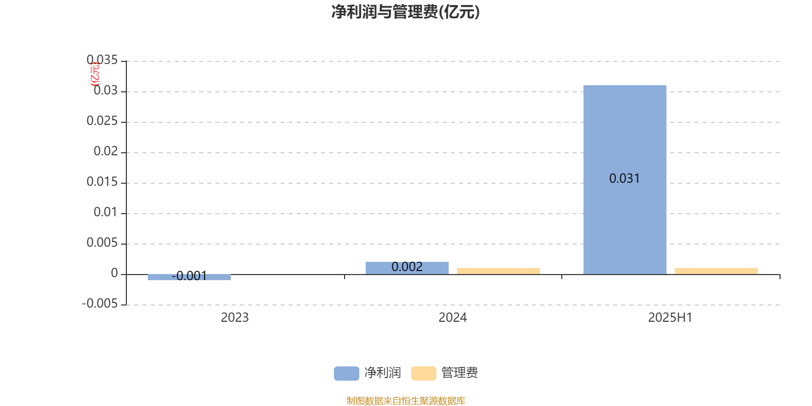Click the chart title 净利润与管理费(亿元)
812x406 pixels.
[405, 12]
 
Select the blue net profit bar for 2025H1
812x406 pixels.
[625, 180]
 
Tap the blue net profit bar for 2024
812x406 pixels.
[407, 268]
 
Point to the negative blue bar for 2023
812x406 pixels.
[189, 277]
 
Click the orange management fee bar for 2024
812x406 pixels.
[498, 271]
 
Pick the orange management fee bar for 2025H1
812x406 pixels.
[716, 271]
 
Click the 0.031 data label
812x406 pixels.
[624, 178]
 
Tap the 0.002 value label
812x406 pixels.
[407, 267]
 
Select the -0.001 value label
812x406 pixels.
[189, 276]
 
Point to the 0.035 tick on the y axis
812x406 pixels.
[102, 60]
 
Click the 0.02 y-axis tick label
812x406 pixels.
[106, 151]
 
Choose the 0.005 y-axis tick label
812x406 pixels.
[102, 243]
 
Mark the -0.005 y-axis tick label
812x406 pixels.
[99, 303]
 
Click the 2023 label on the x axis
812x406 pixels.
[234, 318]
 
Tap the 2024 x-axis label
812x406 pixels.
[452, 318]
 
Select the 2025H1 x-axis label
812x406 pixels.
[670, 318]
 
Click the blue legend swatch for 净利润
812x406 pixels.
[346, 374]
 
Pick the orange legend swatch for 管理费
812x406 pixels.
[423, 374]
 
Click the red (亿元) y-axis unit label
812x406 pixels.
[95, 74]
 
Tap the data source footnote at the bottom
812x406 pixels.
[405, 400]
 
